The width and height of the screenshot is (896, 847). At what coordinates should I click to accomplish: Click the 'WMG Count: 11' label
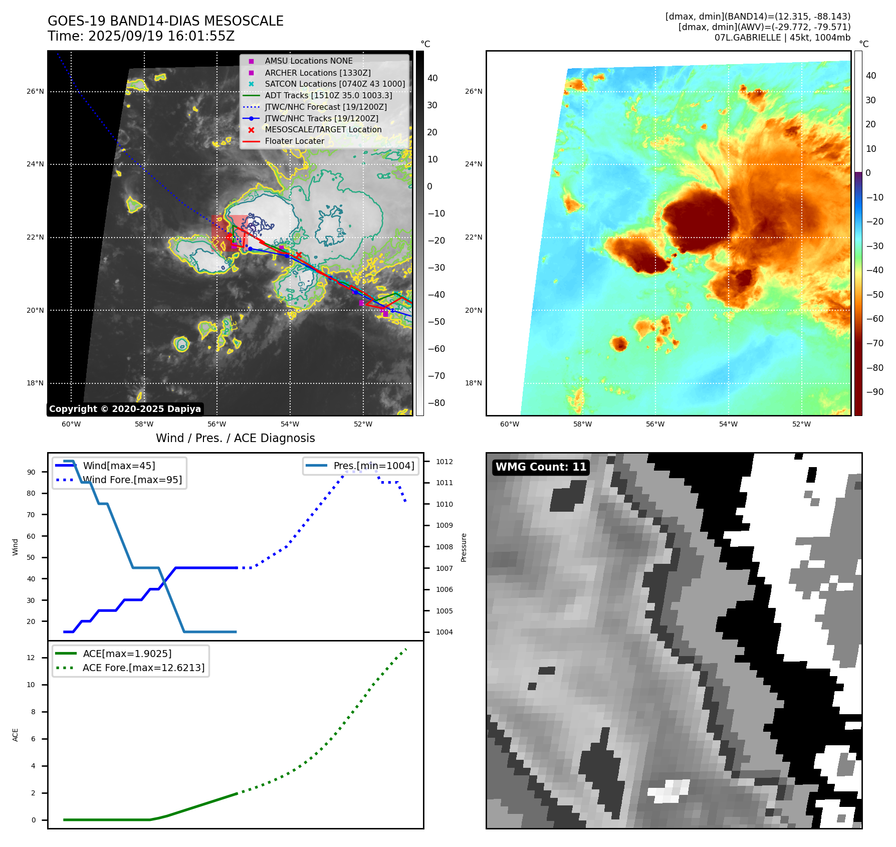tap(541, 467)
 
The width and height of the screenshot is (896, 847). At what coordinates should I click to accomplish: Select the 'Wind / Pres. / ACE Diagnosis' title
tap(235, 438)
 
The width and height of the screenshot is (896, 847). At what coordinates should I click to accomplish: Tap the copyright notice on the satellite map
tap(125, 409)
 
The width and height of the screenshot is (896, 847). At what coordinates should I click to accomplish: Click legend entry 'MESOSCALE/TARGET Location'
tap(323, 130)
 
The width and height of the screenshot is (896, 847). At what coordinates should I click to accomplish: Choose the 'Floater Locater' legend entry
tap(294, 141)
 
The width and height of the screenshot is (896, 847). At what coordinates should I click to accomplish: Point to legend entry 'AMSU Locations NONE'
tap(308, 61)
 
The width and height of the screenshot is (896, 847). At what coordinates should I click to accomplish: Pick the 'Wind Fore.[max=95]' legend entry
tap(132, 480)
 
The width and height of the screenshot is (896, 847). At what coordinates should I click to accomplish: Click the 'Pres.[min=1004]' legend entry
tap(373, 466)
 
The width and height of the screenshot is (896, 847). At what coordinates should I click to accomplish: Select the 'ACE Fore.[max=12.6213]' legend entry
tap(143, 668)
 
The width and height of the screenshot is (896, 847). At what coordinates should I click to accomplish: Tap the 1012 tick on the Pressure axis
tap(444, 462)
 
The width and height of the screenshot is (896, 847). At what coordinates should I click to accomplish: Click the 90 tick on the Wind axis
tap(31, 472)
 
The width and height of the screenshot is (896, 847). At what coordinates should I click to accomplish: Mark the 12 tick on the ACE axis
tap(31, 658)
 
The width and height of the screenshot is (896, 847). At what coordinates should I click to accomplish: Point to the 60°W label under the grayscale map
tap(71, 425)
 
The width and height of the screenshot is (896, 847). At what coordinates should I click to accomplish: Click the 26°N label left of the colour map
tap(474, 92)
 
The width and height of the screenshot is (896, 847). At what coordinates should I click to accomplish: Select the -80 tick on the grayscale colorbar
tap(436, 403)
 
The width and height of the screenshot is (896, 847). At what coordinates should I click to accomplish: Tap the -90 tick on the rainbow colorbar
tap(874, 392)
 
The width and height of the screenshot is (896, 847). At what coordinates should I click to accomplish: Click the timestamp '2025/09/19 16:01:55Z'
tap(161, 37)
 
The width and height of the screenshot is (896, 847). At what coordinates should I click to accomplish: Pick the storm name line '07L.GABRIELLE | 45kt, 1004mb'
tap(782, 38)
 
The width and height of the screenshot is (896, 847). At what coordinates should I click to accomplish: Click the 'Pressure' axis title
tap(464, 547)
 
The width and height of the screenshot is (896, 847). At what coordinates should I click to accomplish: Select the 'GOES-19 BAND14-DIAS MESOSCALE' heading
tap(165, 21)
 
